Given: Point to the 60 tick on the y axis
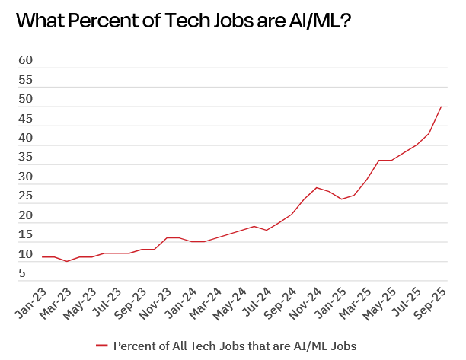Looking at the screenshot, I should [x=25, y=59].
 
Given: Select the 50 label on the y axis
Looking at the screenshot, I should [x=25, y=99].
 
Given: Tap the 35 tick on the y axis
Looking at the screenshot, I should [x=25, y=158].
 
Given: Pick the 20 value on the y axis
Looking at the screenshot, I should [x=25, y=216].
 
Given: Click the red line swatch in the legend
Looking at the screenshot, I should [x=103, y=346].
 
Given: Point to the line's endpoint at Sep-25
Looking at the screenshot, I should [x=442, y=107].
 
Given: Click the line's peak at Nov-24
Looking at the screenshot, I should [x=317, y=187].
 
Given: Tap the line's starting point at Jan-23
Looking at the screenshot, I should [x=43, y=257].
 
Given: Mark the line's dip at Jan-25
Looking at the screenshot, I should [x=342, y=199].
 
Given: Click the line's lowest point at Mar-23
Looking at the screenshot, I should [x=68, y=261].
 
